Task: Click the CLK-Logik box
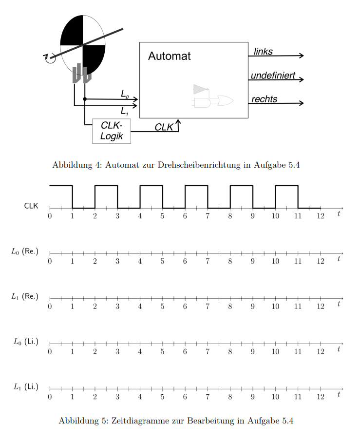coord(112,131)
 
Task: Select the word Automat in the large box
coord(170,56)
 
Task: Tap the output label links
coord(263,51)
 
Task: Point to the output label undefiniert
coord(273,75)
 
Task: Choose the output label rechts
coord(264,99)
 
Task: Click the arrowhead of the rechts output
coord(302,103)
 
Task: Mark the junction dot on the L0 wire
coord(85,99)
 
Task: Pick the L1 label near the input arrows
coord(124,111)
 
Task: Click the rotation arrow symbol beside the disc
coord(50,58)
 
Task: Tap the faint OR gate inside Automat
coord(226,101)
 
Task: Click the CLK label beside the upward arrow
coord(164,127)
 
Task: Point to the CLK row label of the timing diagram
coord(31,206)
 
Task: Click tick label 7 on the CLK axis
coord(208,216)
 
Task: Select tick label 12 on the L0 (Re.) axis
coord(321,261)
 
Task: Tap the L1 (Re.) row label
coord(25,296)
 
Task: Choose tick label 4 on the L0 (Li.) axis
coord(140,351)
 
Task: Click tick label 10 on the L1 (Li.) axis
coord(275,397)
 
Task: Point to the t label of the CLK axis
coord(339,213)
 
